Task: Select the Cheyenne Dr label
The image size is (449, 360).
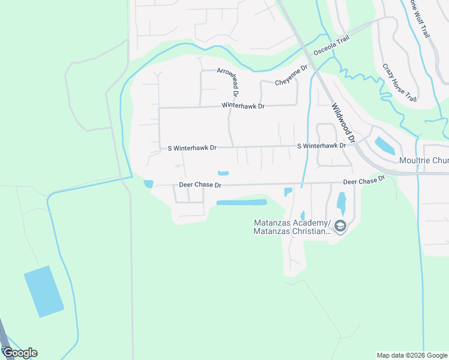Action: (x=291, y=75)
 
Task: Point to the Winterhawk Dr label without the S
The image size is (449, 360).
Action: (x=243, y=106)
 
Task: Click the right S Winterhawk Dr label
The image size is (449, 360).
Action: (x=322, y=146)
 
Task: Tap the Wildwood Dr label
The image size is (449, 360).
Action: (x=343, y=122)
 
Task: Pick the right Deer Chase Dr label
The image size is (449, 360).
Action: (x=363, y=181)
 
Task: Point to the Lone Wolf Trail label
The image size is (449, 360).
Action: (x=420, y=19)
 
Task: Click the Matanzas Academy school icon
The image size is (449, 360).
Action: (x=340, y=227)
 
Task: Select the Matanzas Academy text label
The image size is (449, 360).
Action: (x=292, y=227)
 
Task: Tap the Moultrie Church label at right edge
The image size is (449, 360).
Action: (x=424, y=161)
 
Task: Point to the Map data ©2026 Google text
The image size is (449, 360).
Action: (x=412, y=355)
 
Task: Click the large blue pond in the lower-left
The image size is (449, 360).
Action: (x=43, y=291)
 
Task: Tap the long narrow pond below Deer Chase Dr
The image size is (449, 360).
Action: (x=241, y=202)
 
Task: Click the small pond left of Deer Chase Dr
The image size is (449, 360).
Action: (x=148, y=184)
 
